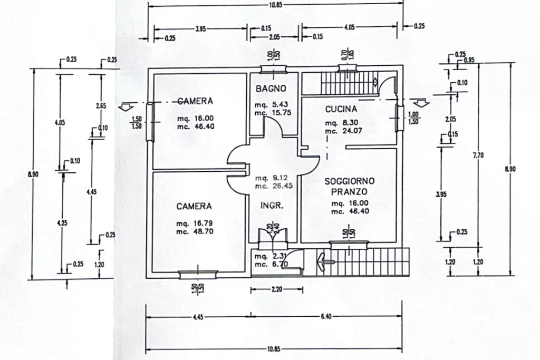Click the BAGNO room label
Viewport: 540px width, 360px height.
271,89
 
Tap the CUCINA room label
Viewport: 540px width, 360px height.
341,109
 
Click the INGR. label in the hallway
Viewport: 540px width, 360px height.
272,206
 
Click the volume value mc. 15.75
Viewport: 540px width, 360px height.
273,113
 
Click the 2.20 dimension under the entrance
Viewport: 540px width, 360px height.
276,289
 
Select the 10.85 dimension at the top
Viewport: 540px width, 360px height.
275,5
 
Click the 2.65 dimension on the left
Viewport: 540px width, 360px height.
101,105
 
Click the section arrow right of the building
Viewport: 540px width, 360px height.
420,103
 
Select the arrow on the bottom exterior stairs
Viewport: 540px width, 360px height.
323,260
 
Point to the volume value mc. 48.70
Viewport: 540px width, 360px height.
195,231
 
